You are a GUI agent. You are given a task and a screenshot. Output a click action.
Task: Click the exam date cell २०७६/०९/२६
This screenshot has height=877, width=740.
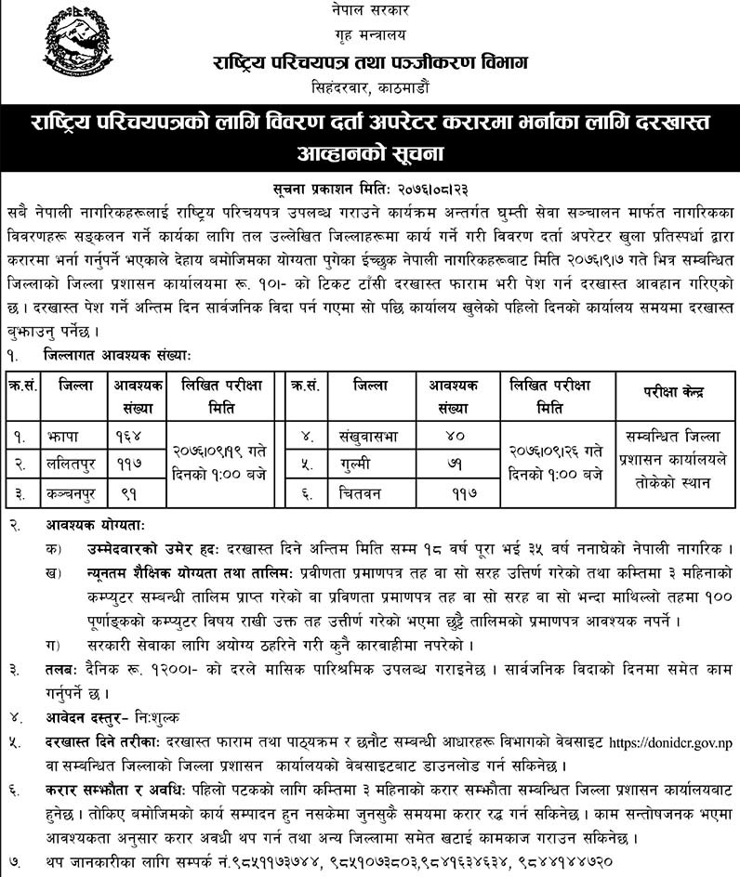tap(553, 449)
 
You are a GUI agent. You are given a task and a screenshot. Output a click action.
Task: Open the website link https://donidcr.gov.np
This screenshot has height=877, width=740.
tap(669, 743)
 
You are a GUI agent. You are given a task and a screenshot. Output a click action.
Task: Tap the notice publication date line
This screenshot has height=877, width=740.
tap(369, 161)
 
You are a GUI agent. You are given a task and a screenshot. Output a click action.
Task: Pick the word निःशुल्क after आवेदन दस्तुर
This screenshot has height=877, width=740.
tap(158, 718)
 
